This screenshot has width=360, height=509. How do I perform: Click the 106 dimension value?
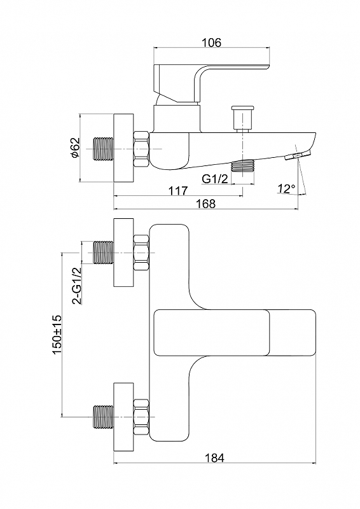pyautogui.click(x=211, y=42)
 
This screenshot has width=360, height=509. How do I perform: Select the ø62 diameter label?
pyautogui.click(x=74, y=148)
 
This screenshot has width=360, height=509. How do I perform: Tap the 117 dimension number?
pyautogui.click(x=178, y=190)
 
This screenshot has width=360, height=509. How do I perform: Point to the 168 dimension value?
pyautogui.click(x=206, y=204)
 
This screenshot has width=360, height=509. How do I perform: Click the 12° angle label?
pyautogui.click(x=286, y=188)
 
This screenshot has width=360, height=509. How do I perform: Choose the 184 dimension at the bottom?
pyautogui.click(x=214, y=457)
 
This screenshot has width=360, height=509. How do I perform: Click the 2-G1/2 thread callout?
pyautogui.click(x=76, y=286)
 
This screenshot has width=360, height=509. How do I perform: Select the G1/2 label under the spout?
pyautogui.click(x=215, y=179)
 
